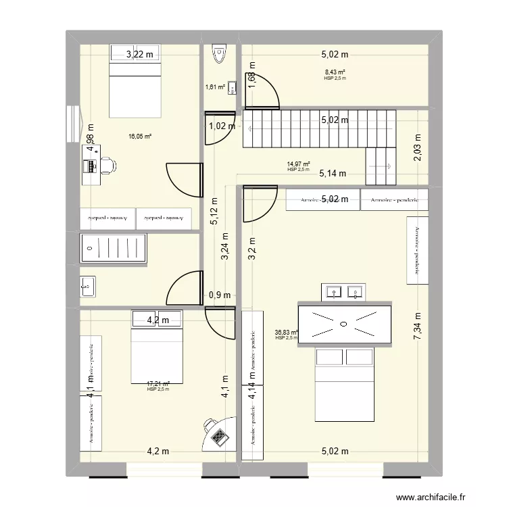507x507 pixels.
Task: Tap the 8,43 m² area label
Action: pos(335,72)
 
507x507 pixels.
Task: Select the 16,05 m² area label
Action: pos(140,136)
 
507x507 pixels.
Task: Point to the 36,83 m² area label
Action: pos(287,332)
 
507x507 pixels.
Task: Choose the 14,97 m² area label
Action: pos(298,164)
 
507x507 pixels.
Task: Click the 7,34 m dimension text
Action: pos(418,331)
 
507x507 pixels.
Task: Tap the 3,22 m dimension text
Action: pos(141,55)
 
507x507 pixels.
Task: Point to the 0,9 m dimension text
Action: pos(220,295)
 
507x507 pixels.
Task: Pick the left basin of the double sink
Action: pos(333,292)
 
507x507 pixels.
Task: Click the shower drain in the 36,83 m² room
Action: pos(344,324)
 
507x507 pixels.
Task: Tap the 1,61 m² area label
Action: pos(215,87)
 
